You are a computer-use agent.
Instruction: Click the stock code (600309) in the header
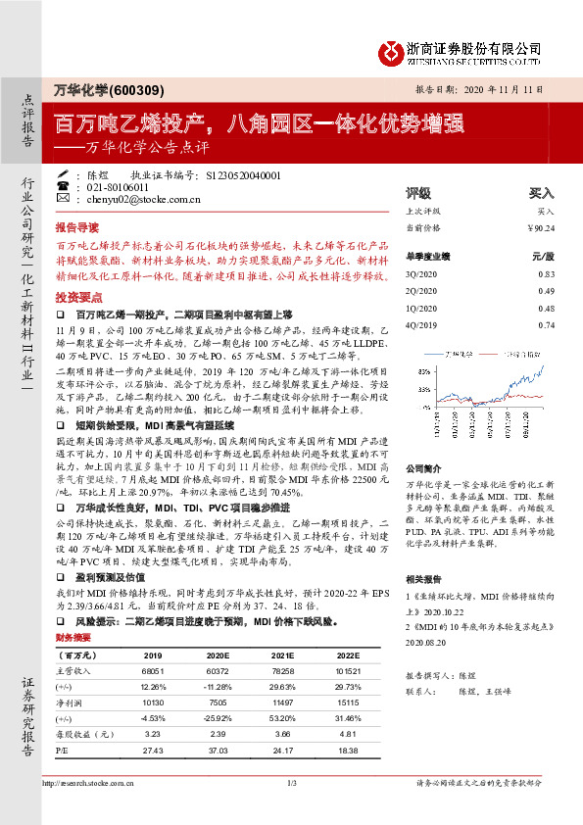tap(135, 88)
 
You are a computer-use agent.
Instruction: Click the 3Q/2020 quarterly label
tap(422, 273)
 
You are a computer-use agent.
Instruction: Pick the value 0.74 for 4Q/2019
tap(546, 324)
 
